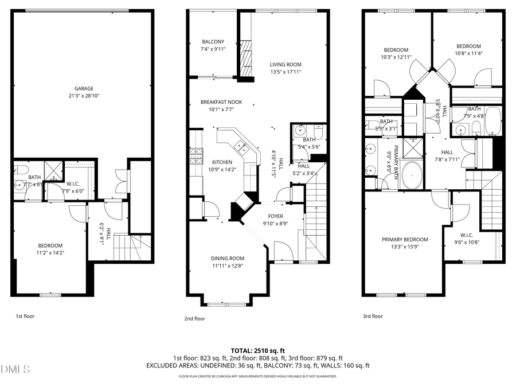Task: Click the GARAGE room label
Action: click(84, 88)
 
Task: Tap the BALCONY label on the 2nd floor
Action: click(213, 42)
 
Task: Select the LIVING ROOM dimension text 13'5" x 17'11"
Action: click(286, 72)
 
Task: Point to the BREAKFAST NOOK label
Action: click(217, 102)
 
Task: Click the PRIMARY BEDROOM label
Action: click(405, 240)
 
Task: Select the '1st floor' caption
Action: click(25, 316)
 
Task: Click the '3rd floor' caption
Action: click(373, 316)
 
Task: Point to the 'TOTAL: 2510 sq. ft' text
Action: click(257, 350)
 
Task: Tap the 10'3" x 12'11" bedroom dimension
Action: click(396, 57)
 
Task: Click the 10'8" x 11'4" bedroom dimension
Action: click(468, 53)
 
